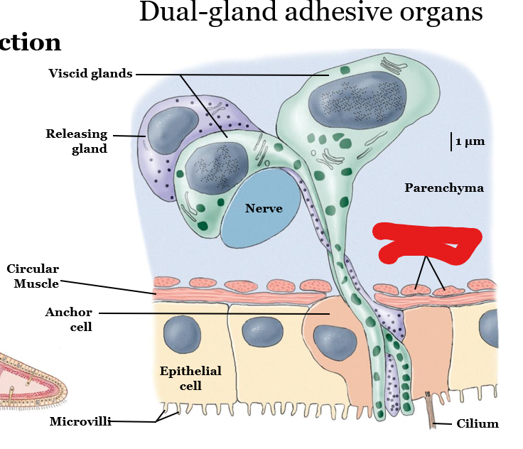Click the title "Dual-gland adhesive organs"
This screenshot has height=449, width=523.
(x=311, y=12)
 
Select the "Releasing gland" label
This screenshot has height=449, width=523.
(x=77, y=141)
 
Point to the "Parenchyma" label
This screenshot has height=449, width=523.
(x=444, y=188)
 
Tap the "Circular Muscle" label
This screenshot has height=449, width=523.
(x=33, y=276)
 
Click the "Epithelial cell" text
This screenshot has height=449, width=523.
(x=190, y=378)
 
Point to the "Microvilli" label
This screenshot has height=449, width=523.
(x=80, y=422)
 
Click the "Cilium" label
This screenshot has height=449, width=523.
(x=478, y=424)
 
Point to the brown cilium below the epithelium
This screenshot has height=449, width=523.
(x=431, y=412)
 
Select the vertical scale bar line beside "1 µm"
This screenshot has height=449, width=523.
(x=451, y=141)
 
